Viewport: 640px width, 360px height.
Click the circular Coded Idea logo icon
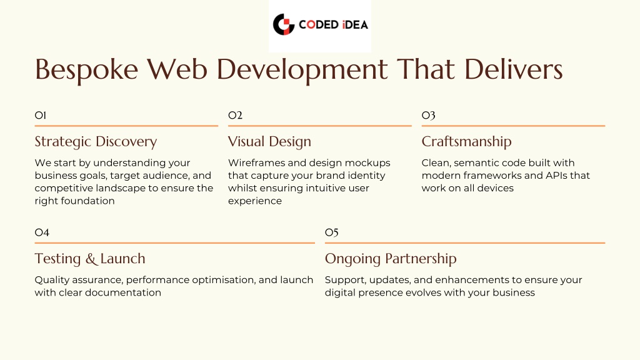coord(284,24)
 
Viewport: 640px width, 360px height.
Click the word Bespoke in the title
coord(86,70)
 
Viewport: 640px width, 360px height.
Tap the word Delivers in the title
coord(514,69)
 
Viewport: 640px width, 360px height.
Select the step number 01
coord(41,116)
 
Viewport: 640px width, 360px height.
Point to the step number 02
coord(235,116)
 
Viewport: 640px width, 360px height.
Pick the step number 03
coord(429,116)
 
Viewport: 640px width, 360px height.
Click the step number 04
coord(42,232)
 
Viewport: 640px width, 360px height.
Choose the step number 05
coord(332,233)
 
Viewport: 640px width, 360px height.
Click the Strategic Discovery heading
coord(96,142)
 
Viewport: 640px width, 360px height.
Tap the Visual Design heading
coord(269,142)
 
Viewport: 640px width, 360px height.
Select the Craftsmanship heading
coord(466,142)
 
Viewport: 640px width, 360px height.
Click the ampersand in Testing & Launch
coord(90,259)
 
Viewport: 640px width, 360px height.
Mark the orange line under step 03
coord(514,126)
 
